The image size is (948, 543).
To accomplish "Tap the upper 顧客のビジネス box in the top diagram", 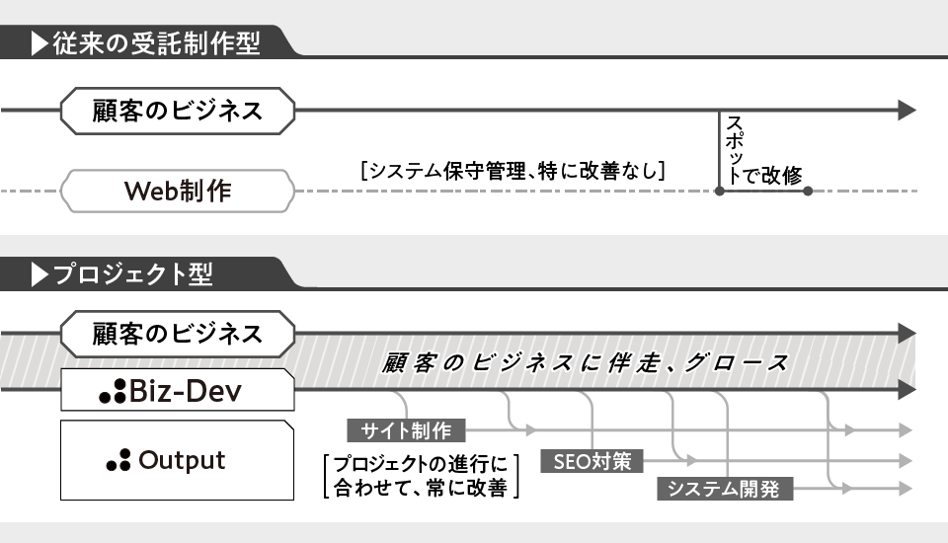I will coord(178,110).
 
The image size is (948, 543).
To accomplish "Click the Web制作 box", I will coord(178,190).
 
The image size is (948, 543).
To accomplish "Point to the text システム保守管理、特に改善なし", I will coord(513,170).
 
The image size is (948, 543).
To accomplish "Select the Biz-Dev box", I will coord(178,392).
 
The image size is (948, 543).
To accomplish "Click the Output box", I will coord(178,460).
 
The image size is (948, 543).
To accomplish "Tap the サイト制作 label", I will coord(406,430).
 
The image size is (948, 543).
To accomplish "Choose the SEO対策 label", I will coord(592,460).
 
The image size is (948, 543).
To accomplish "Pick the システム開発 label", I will coord(724,489).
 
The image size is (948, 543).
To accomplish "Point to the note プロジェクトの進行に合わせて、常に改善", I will coord(421,475).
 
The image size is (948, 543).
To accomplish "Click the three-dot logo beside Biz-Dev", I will coord(113,393).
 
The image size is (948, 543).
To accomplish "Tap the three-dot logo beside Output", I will coord(118,461).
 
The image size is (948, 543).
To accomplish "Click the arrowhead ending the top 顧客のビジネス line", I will coord(907,110).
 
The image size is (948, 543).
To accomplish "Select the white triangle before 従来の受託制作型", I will coord(39,43).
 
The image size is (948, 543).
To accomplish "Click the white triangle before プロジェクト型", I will coord(39,274).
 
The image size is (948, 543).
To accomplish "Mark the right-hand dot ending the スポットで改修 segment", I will coord(808,191).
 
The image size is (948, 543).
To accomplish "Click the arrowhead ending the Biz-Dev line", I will coord(907,391).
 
